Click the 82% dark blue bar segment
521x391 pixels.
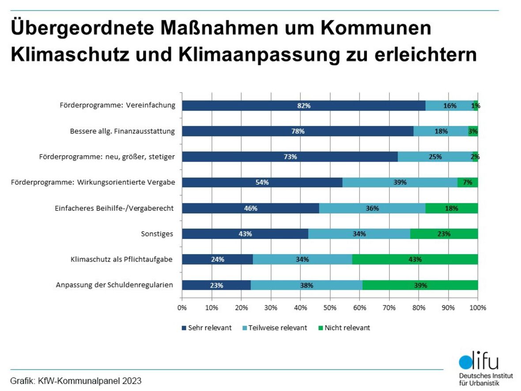pyautogui.click(x=303, y=106)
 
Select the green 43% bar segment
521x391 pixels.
pyautogui.click(x=415, y=259)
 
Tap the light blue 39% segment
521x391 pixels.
pyautogui.click(x=400, y=182)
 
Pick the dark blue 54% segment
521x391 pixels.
pyautogui.click(x=262, y=182)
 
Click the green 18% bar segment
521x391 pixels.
pyautogui.click(x=451, y=208)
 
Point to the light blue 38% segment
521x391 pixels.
pyautogui.click(x=306, y=285)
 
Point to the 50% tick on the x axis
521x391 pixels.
pyautogui.click(x=330, y=307)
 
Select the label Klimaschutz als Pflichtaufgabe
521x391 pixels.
pyautogui.click(x=121, y=259)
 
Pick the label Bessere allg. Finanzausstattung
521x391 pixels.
pyautogui.click(x=122, y=131)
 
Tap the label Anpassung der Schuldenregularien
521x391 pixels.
pyautogui.click(x=114, y=285)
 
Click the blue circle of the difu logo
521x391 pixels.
pyautogui.click(x=466, y=362)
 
